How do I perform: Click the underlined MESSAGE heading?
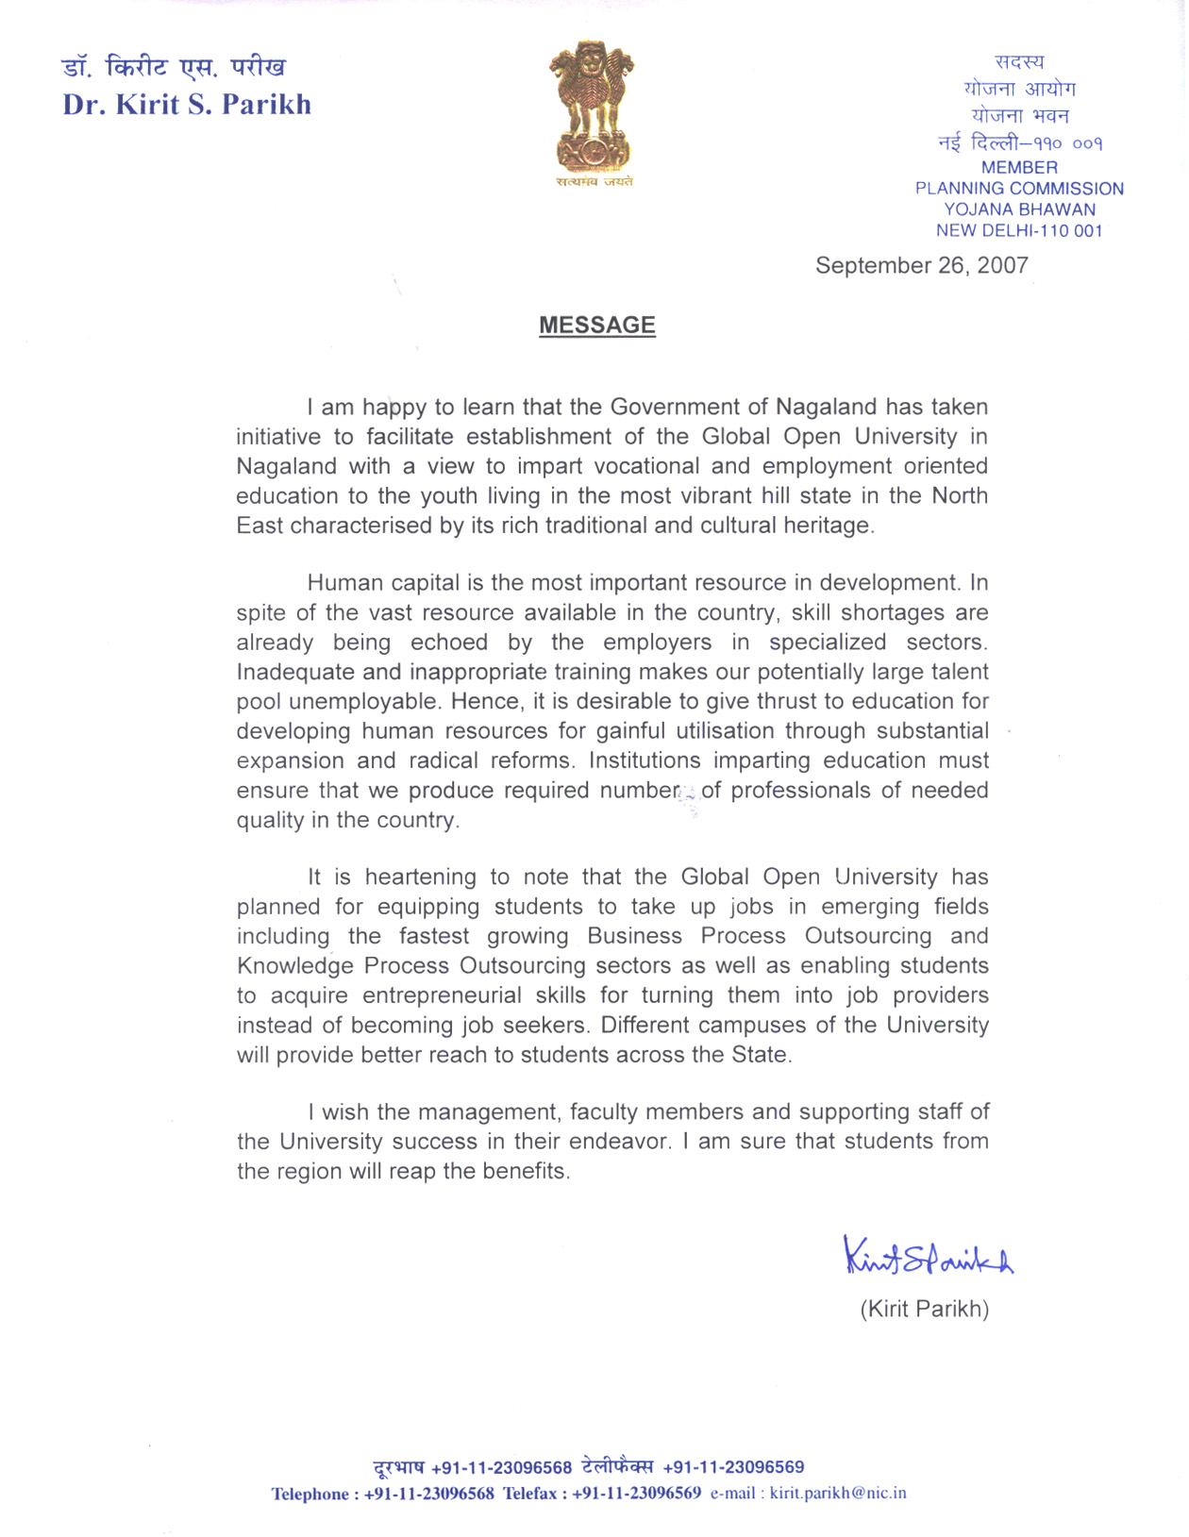(x=596, y=326)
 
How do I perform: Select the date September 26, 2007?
(x=921, y=265)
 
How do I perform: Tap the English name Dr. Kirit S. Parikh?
(x=187, y=104)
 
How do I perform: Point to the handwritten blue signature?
(x=928, y=1257)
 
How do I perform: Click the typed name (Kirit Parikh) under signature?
(x=924, y=1309)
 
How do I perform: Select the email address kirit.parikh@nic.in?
(x=838, y=1493)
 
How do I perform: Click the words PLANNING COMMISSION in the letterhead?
(x=1019, y=189)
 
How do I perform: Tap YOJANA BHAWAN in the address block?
(x=1019, y=209)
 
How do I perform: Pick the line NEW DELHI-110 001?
(x=1019, y=230)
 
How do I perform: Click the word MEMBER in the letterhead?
(x=1019, y=167)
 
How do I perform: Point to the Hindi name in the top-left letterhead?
(x=174, y=68)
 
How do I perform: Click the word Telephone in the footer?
(x=310, y=1494)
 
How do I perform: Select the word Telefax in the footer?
(x=529, y=1494)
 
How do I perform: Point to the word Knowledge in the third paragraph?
(x=295, y=966)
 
